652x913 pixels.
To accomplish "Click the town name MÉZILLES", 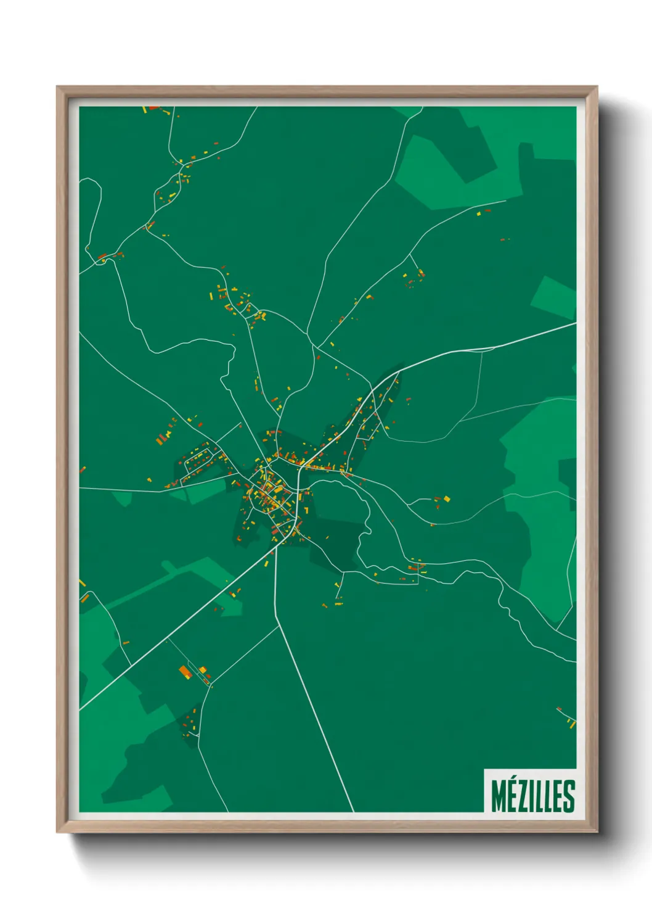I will (533, 796).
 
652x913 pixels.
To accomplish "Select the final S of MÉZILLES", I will (569, 796).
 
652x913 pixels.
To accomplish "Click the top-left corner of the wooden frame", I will (58, 88).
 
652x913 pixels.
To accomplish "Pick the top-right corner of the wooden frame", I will (597, 88).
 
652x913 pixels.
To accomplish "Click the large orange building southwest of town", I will (185, 671).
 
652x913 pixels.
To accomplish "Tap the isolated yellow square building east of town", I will (447, 498).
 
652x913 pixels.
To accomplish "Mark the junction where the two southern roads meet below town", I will (276, 545).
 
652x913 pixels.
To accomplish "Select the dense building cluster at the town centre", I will (271, 494).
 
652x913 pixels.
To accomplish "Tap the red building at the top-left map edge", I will (153, 108).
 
